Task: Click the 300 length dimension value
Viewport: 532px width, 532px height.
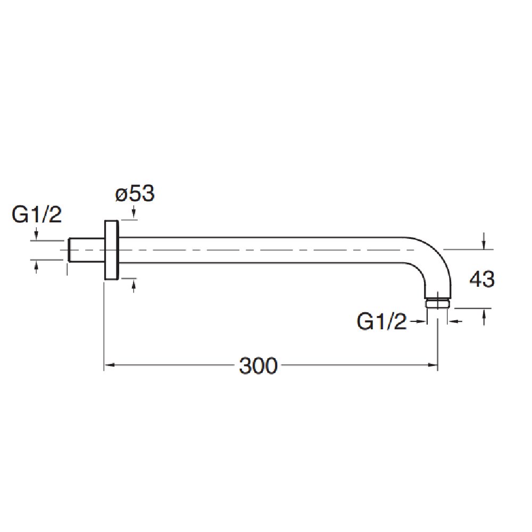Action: (x=258, y=366)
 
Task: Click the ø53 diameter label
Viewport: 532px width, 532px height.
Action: (x=135, y=194)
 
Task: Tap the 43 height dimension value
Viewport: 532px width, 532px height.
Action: (x=482, y=279)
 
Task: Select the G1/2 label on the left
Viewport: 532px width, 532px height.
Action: (x=37, y=215)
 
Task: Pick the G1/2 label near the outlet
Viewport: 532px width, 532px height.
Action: (x=382, y=322)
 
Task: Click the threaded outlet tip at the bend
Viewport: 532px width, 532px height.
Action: (x=438, y=303)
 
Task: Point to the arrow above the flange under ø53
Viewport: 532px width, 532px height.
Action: (x=133, y=214)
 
